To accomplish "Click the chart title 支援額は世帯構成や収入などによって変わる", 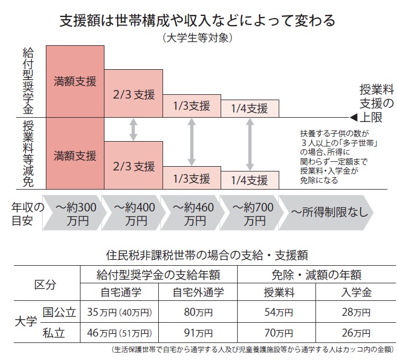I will click(x=198, y=21).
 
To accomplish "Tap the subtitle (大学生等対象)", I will click(x=198, y=38).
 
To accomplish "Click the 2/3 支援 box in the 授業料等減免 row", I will click(x=133, y=166).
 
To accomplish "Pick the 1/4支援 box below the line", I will click(x=249, y=179).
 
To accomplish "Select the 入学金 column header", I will click(x=355, y=292).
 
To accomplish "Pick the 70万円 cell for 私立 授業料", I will click(x=278, y=334).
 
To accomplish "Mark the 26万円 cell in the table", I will click(x=355, y=334).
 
